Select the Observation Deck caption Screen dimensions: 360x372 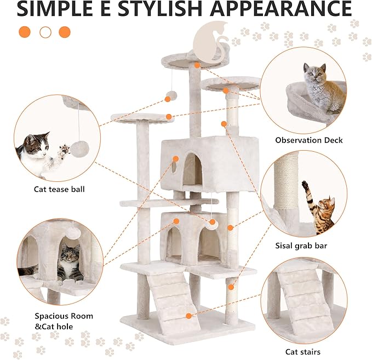(x=309, y=140)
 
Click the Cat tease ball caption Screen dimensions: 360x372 (x=59, y=190)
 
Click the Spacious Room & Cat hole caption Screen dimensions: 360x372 (x=64, y=321)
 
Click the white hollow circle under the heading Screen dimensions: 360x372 (x=45, y=32)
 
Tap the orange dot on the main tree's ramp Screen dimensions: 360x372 (x=189, y=316)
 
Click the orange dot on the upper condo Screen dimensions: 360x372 (x=176, y=159)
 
